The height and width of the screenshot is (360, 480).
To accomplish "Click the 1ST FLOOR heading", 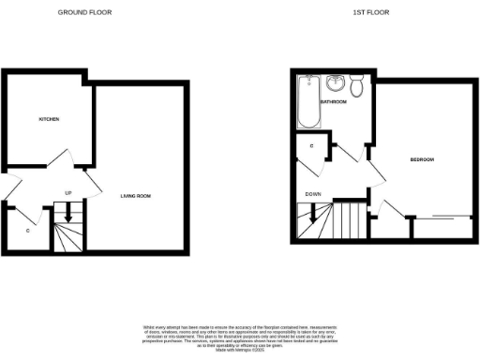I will tap(371, 12).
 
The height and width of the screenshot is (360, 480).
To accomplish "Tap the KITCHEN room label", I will tap(49, 120).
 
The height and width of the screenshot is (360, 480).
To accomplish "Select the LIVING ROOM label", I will tap(136, 196).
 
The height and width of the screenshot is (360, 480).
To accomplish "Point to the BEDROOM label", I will tap(422, 159).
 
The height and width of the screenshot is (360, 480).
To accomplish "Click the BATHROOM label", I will tap(335, 101).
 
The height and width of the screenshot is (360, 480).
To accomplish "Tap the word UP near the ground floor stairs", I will tap(67, 194).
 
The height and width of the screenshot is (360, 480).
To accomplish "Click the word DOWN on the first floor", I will tap(315, 195).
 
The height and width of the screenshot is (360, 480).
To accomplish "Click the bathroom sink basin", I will tap(336, 82).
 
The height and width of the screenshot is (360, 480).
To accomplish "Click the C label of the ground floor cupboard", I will tap(28, 230).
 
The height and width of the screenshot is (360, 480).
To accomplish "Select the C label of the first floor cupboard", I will tap(310, 147).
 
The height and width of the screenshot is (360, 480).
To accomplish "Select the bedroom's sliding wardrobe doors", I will tap(441, 218).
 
